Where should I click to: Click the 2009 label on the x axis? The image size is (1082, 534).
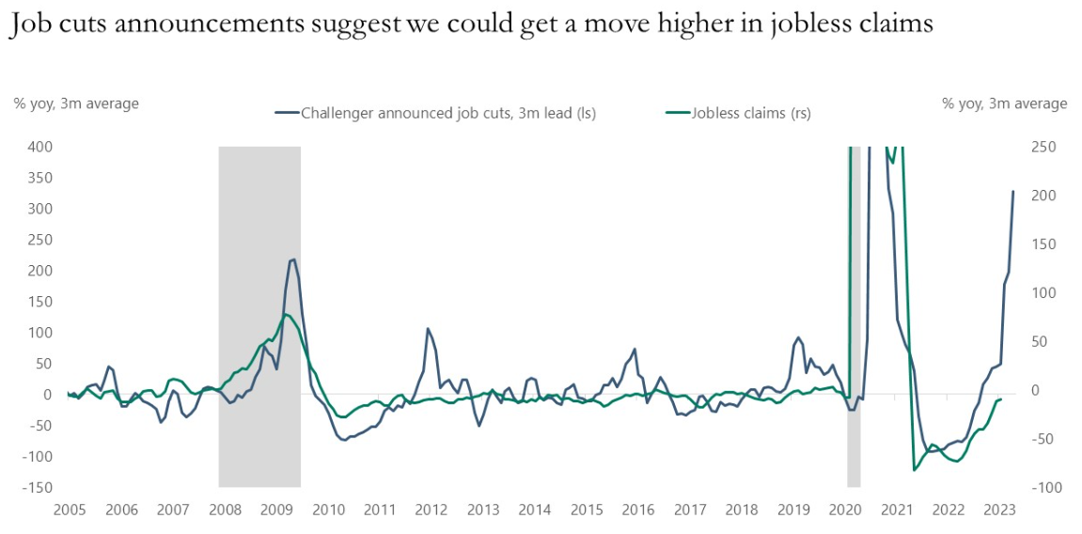click(x=275, y=510)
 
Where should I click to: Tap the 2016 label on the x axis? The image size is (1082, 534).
click(x=637, y=510)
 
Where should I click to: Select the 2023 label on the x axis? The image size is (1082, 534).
click(x=999, y=510)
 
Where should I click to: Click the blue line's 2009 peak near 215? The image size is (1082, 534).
click(x=292, y=259)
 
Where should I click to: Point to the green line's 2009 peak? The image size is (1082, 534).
click(x=286, y=314)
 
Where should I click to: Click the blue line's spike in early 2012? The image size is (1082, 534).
click(x=428, y=328)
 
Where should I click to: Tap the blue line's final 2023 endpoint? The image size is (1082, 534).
click(x=1013, y=192)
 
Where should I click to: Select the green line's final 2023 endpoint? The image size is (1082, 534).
click(x=1000, y=400)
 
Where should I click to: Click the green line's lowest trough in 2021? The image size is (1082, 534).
click(x=914, y=470)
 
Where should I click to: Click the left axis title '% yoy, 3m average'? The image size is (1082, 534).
click(x=76, y=103)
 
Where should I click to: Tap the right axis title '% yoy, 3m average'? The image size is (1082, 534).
click(x=1004, y=103)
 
